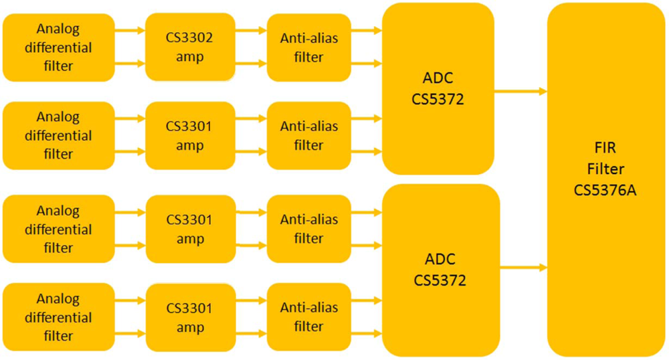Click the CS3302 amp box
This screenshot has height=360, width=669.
tap(189, 48)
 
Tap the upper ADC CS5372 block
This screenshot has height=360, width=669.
tap(438, 89)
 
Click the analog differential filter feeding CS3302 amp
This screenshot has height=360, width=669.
tap(58, 48)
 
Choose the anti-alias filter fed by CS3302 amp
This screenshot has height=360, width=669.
tap(308, 48)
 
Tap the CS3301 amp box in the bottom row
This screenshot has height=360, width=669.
tap(189, 318)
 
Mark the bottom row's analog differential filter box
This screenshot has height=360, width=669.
tap(58, 317)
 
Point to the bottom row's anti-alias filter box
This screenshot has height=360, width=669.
tap(308, 317)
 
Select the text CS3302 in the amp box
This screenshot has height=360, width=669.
tap(189, 38)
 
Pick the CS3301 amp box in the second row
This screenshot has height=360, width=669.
tap(189, 136)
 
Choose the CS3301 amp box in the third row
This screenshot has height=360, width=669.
tap(189, 229)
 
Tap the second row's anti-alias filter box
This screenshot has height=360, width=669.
tap(308, 136)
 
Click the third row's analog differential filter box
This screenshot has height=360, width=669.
tap(58, 229)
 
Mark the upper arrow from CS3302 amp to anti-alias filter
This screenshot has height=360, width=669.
tap(251, 30)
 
